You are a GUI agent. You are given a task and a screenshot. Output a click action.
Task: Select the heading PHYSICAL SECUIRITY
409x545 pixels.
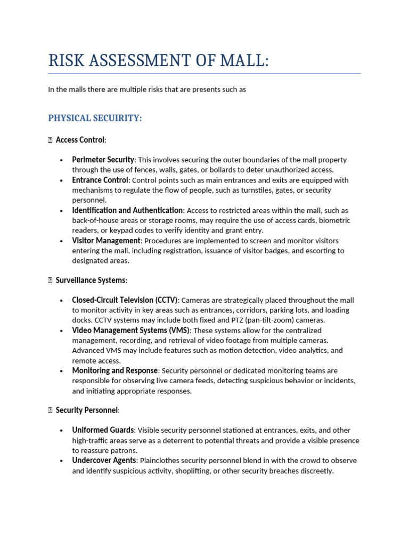95,118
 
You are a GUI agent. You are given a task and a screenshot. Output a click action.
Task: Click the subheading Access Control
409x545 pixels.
80,140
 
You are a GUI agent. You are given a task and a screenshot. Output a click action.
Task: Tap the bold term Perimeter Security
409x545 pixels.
103,160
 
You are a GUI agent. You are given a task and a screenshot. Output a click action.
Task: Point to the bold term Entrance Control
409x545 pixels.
100,180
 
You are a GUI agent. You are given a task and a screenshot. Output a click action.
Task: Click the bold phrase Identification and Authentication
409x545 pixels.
127,210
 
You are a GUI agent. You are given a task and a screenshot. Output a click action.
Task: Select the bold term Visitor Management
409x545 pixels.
106,241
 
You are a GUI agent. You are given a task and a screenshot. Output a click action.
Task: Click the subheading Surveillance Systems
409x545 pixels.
91,280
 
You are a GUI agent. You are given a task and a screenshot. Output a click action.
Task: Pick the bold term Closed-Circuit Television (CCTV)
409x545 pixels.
125,300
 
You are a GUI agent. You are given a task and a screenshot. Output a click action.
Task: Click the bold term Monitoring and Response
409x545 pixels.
114,370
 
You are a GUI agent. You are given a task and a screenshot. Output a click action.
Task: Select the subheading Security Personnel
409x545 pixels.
87,410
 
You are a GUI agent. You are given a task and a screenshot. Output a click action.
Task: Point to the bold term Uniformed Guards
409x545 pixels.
103,430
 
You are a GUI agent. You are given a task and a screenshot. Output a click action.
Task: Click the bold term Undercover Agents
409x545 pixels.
104,460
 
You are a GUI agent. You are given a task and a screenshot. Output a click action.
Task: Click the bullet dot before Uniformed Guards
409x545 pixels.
62,430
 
